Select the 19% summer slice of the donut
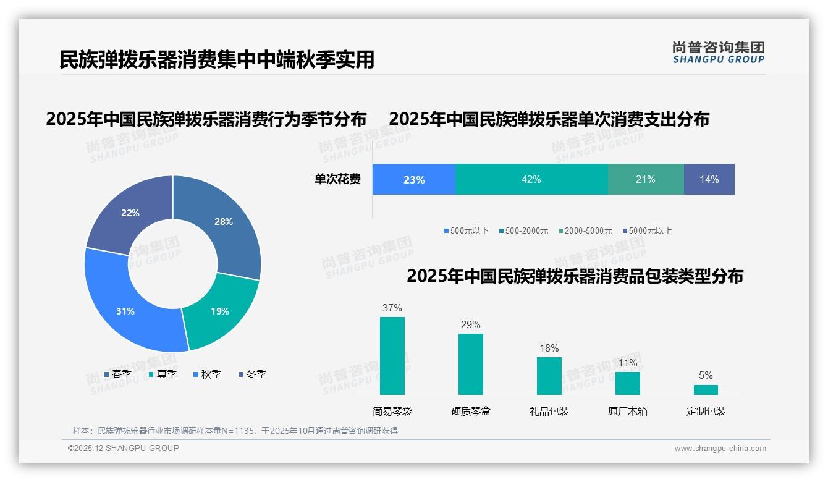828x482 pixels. click(x=219, y=312)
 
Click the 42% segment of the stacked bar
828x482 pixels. click(x=531, y=179)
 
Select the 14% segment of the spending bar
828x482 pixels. click(x=709, y=179)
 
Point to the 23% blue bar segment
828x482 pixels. click(x=414, y=179)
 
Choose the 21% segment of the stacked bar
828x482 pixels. click(x=646, y=179)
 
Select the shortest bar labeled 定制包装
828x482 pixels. click(x=706, y=390)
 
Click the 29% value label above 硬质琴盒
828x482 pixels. click(x=470, y=325)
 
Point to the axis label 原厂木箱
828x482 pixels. click(x=628, y=412)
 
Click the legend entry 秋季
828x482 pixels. click(x=208, y=374)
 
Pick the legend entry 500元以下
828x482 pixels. click(x=466, y=231)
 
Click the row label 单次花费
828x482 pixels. click(x=337, y=180)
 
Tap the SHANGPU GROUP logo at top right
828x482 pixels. click(x=719, y=53)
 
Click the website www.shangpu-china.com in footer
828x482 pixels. click(x=720, y=449)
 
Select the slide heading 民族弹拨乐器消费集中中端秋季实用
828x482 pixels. click(x=217, y=59)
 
